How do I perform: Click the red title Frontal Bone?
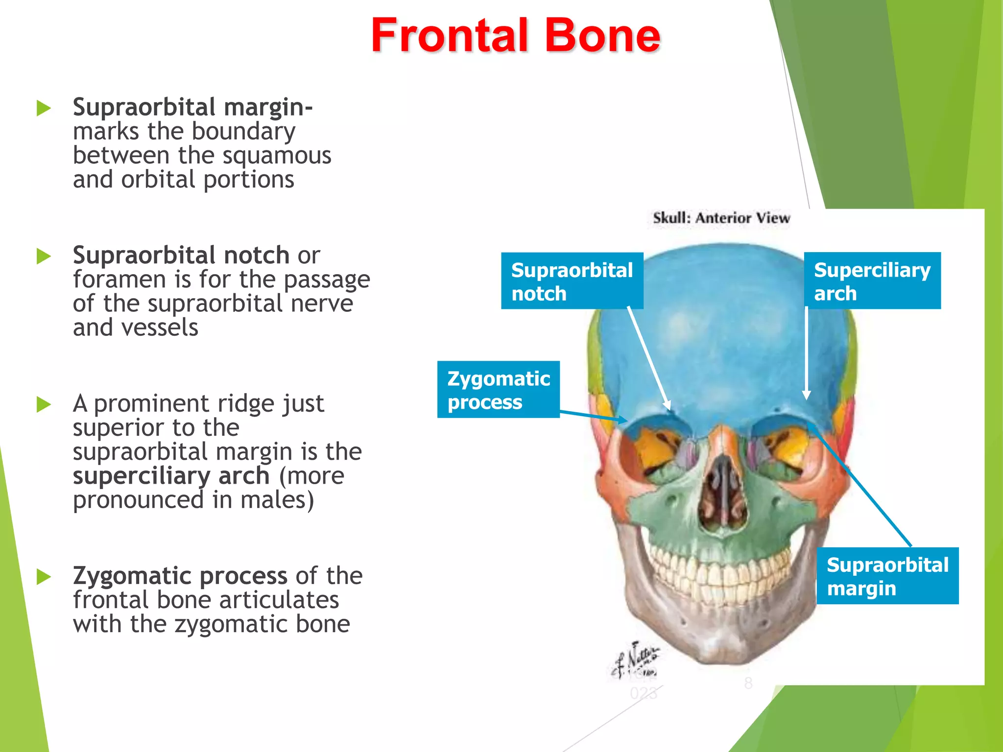click(515, 35)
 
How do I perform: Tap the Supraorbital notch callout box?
click(572, 281)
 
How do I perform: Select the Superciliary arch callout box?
click(872, 281)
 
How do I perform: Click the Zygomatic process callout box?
click(498, 390)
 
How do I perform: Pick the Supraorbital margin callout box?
click(887, 576)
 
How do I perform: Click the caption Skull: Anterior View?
click(721, 218)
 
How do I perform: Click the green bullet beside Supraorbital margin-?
click(44, 108)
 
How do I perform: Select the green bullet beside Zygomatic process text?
click(44, 577)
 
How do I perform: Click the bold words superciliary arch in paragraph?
click(171, 476)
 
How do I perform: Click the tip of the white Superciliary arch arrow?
click(806, 399)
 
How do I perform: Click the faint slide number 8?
click(748, 682)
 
